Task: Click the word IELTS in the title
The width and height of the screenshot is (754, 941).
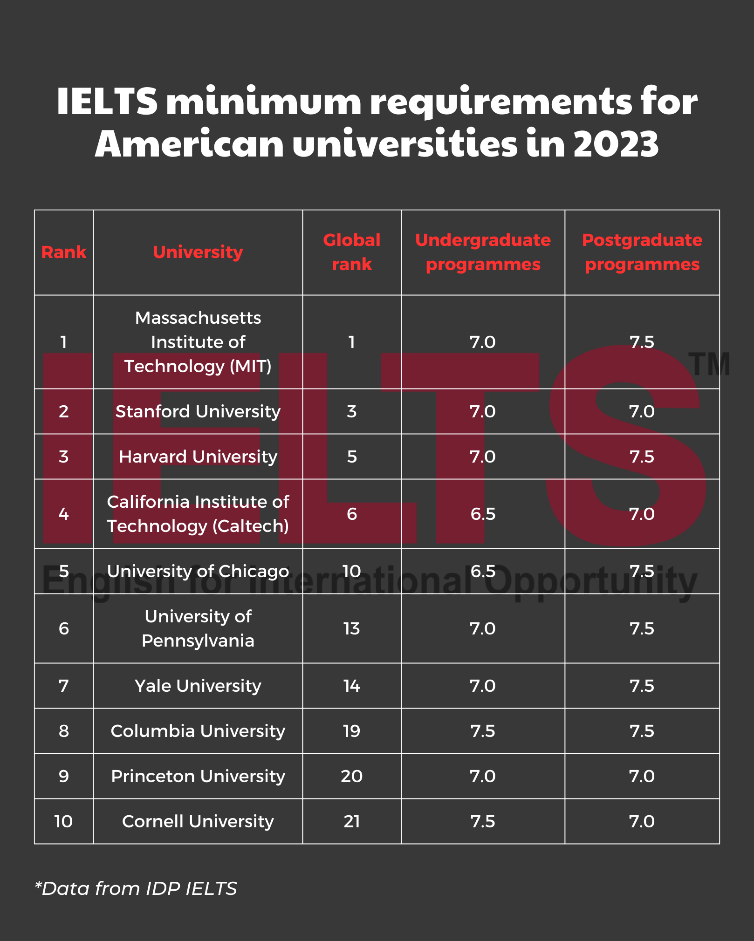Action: point(107,102)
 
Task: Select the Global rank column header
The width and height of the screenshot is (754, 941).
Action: point(351,252)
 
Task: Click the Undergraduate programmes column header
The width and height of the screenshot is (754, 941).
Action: point(483,252)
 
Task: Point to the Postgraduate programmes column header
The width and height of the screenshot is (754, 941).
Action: point(642,252)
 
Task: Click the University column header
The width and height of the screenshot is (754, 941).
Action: point(198,252)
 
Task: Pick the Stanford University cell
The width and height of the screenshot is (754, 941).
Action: point(198,411)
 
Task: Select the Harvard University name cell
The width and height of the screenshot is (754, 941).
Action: point(198,457)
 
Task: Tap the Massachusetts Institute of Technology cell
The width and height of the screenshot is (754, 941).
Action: point(198,342)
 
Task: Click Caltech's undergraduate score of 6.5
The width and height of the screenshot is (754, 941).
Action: point(483,514)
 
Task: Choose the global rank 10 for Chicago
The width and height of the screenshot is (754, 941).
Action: point(351,571)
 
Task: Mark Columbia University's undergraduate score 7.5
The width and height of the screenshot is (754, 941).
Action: point(483,731)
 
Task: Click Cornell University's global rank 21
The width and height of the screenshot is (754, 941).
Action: point(351,821)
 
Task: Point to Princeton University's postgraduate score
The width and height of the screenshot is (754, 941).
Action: point(642,776)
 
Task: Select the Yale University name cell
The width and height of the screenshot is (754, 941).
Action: point(198,686)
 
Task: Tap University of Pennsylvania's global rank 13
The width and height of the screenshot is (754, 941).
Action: point(351,628)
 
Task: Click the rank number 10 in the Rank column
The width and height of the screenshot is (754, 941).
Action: point(63,821)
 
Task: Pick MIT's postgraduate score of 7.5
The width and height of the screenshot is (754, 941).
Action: point(642,342)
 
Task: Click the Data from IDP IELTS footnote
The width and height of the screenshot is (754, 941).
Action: point(136,888)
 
